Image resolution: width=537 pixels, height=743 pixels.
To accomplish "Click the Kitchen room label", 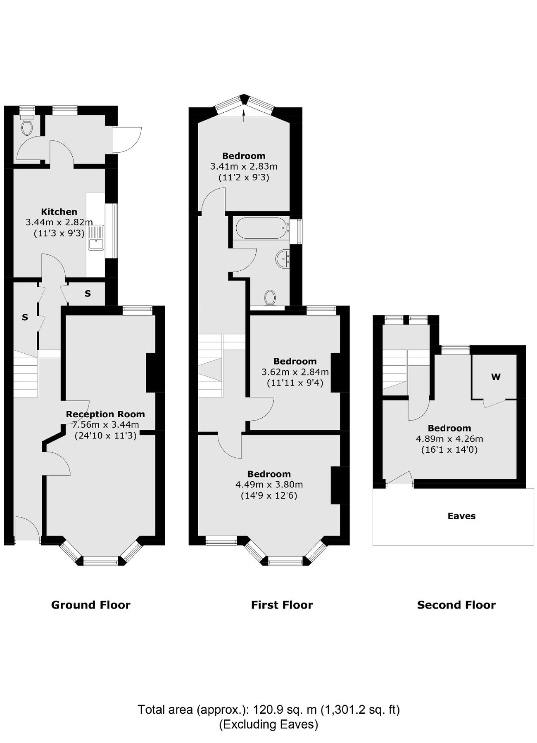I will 59,212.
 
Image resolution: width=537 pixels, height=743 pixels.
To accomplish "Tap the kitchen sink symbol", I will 96,239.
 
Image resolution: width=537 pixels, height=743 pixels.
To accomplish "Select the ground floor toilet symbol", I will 27,125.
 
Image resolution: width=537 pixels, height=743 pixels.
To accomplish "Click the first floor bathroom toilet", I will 270,297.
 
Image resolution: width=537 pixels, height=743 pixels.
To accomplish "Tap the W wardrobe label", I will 496,377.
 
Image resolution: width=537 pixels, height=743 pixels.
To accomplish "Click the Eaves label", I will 461,516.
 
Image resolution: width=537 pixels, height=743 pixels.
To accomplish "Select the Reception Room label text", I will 105,414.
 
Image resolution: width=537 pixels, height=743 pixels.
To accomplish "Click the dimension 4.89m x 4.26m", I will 449,439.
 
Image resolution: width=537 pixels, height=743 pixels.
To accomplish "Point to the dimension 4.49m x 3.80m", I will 269,485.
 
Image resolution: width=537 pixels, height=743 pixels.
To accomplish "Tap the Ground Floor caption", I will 90,605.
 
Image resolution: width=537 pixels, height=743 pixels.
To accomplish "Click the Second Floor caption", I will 456,605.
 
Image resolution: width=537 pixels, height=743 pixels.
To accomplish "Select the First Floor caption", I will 282,605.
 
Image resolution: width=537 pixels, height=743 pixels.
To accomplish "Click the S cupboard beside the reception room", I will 88,294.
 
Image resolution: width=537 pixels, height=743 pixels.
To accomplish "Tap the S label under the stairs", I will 25,317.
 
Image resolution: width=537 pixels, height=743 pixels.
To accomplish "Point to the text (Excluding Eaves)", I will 268,724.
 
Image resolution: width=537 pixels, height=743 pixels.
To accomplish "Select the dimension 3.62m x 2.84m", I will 295,372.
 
